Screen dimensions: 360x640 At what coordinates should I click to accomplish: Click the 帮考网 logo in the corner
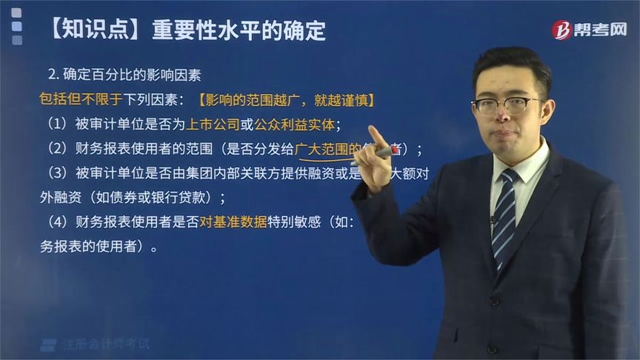click(588, 29)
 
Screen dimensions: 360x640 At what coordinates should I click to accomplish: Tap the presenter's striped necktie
click(504, 215)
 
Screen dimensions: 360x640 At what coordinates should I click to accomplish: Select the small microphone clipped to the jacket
click(491, 220)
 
